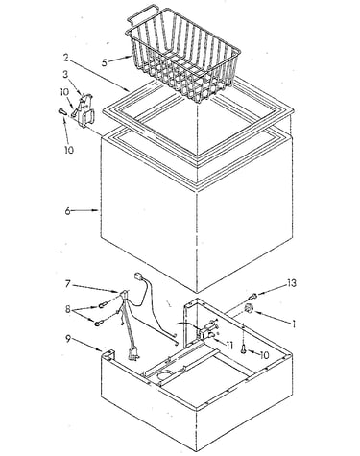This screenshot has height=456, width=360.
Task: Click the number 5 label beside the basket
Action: pyautogui.click(x=105, y=62)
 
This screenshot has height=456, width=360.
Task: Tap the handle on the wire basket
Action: pyautogui.click(x=141, y=12)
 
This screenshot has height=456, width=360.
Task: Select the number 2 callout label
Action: pyautogui.click(x=65, y=58)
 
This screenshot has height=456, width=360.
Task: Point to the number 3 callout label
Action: pyautogui.click(x=65, y=74)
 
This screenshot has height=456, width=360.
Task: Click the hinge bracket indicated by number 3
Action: pyautogui.click(x=85, y=109)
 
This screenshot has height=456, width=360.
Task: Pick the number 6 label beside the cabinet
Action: pyautogui.click(x=67, y=211)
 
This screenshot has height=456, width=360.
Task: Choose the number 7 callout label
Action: pyautogui.click(x=67, y=283)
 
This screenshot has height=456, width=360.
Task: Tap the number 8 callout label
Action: pyautogui.click(x=68, y=309)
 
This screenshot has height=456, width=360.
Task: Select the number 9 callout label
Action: pyautogui.click(x=68, y=339)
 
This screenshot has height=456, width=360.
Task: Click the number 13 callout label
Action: pyautogui.click(x=291, y=283)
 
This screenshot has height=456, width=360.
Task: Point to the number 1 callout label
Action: pyautogui.click(x=292, y=324)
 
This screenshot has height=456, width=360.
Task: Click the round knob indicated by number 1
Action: pyautogui.click(x=249, y=309)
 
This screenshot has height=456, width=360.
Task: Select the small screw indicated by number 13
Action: pyautogui.click(x=252, y=296)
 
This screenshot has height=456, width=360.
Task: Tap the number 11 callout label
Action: pyautogui.click(x=229, y=346)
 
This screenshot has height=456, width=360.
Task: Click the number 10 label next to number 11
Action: pyautogui.click(x=264, y=354)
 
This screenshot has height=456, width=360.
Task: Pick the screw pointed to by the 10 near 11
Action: pyautogui.click(x=244, y=349)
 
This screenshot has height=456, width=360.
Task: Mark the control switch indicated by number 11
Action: pyautogui.click(x=208, y=329)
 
